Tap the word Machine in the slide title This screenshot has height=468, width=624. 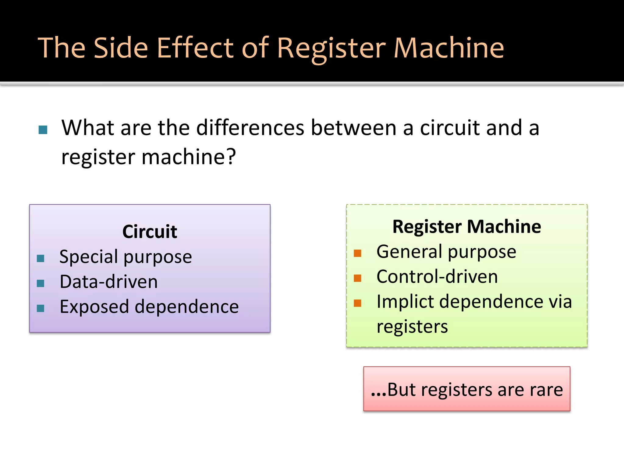(x=449, y=48)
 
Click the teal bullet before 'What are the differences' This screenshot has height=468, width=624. (x=43, y=130)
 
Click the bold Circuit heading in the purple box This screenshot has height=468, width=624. (x=150, y=232)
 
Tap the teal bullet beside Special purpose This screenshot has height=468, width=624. (x=41, y=258)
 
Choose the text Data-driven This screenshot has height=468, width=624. (x=109, y=282)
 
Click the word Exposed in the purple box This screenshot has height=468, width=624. (x=94, y=307)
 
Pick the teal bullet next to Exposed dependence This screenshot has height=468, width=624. (x=41, y=308)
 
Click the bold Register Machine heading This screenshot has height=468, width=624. (x=466, y=227)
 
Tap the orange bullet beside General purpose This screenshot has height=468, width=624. (x=357, y=253)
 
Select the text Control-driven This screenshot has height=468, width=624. (x=437, y=277)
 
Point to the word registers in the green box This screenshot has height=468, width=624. (x=412, y=327)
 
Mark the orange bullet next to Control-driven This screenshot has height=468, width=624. (x=357, y=278)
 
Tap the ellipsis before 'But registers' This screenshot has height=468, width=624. (x=378, y=393)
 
